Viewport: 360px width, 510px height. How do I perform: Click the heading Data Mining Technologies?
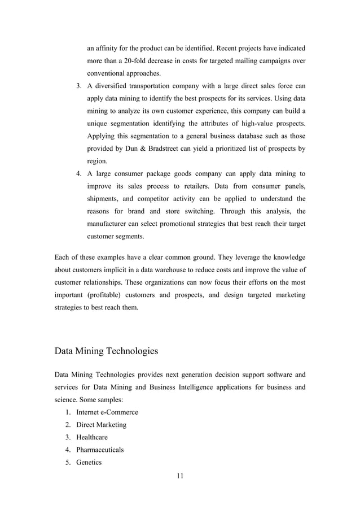[106, 351]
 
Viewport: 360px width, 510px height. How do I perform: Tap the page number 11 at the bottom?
[180, 476]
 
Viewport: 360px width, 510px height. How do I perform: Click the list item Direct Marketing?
[101, 425]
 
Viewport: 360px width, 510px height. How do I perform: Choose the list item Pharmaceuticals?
[100, 450]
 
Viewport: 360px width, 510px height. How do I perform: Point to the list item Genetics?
[89, 462]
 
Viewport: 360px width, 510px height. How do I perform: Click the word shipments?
[106, 199]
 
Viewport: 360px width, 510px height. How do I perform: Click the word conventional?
[111, 73]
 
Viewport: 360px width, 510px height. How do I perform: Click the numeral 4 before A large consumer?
[78, 174]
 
